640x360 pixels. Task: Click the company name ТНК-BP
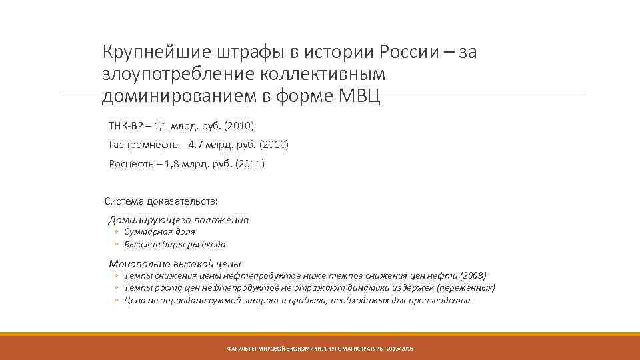click(125, 125)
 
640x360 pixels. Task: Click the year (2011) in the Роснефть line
click(249, 164)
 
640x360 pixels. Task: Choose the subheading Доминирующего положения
click(178, 220)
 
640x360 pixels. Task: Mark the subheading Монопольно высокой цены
click(175, 264)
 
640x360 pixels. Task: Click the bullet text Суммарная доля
click(159, 232)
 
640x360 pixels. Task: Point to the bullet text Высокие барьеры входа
click(175, 244)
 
